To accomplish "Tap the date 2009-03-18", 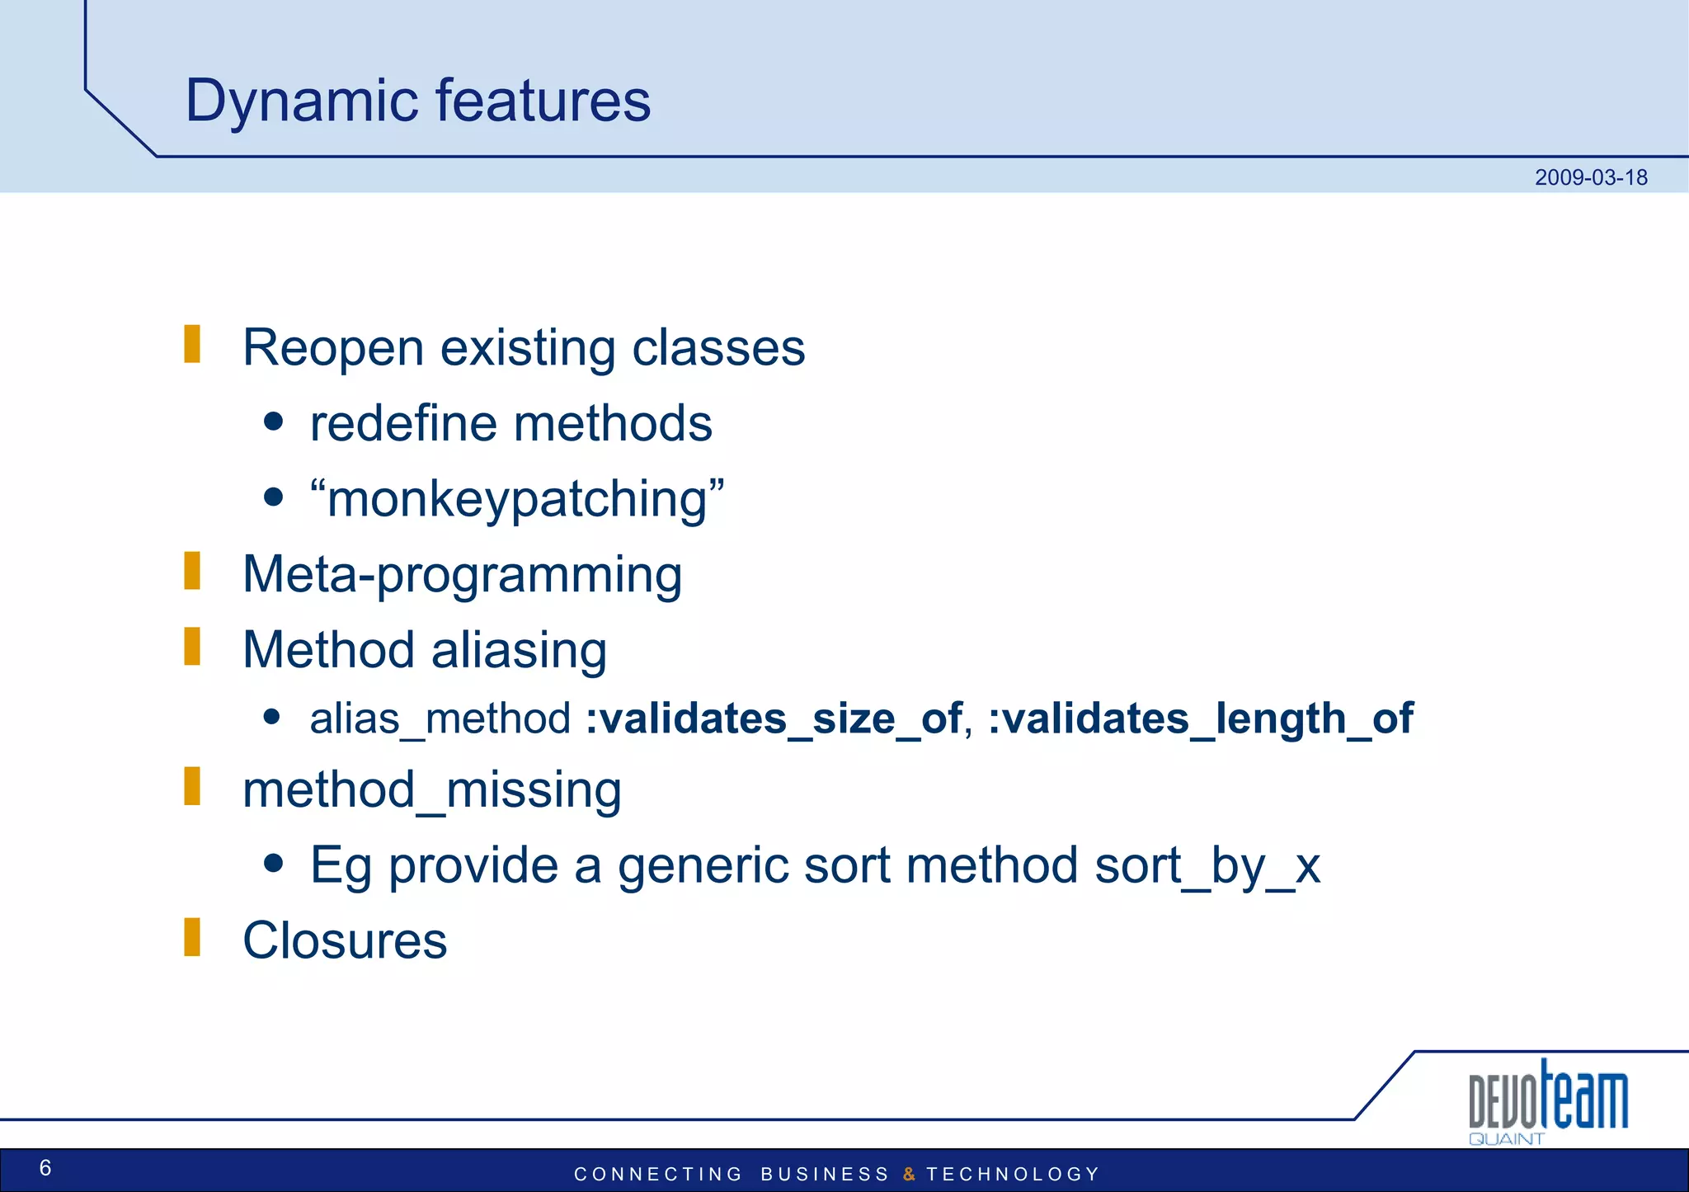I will tap(1590, 177).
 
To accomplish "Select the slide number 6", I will tap(45, 1167).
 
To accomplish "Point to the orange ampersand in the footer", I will tap(909, 1174).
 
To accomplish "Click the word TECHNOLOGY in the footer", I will tap(1013, 1174).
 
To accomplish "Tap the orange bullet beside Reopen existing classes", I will tap(192, 344).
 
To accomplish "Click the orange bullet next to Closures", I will tap(192, 937).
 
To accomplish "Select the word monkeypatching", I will tap(517, 499).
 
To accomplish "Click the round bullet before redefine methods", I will tap(274, 422).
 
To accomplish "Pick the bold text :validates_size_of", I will tap(774, 718).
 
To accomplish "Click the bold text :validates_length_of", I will tap(1201, 718).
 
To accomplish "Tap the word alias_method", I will tap(440, 718).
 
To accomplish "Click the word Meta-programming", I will tap(462, 574).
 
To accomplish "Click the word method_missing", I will tap(431, 789).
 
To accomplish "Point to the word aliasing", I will tap(519, 650).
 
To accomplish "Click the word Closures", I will tap(345, 940).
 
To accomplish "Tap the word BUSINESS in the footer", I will tap(825, 1174).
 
